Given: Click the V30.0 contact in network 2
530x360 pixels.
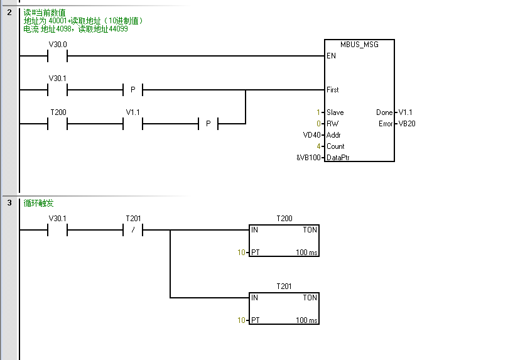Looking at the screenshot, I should [x=57, y=56].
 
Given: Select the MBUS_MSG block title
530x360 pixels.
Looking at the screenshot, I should [x=360, y=45].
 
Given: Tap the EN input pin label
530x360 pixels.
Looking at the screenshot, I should [x=331, y=56].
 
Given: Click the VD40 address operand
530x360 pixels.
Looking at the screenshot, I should [x=312, y=135].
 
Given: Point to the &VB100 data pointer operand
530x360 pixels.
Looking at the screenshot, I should [x=309, y=158].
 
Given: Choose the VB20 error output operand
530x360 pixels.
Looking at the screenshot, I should [x=406, y=124].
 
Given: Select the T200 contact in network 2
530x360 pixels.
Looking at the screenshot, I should [x=57, y=124].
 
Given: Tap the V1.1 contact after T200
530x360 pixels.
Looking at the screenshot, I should [x=132, y=124].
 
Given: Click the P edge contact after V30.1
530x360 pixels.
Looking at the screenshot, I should [x=132, y=90].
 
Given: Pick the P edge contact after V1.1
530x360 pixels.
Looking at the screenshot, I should [x=208, y=124].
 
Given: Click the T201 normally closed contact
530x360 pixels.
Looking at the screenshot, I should [x=132, y=230].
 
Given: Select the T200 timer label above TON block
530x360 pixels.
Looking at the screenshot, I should [x=284, y=219].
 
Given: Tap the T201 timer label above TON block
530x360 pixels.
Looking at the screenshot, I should [x=284, y=286].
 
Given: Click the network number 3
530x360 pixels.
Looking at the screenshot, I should [x=9, y=203].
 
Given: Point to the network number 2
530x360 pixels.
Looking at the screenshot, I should [x=9, y=12].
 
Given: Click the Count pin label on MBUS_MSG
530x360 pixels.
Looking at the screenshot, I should [x=335, y=146].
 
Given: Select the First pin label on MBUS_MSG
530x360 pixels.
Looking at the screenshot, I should [x=333, y=90].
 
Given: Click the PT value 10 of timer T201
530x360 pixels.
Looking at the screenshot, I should [x=241, y=320].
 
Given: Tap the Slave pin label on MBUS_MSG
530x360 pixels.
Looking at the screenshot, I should [x=335, y=112].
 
